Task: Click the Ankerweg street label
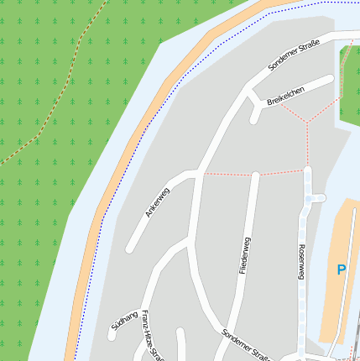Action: point(157,202)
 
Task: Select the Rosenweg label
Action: point(300,263)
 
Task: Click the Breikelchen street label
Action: point(285,95)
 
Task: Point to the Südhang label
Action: point(123,318)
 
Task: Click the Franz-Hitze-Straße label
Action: point(152,335)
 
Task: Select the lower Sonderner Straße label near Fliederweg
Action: point(244,344)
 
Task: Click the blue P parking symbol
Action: point(341,270)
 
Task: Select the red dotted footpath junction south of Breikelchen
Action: point(306,123)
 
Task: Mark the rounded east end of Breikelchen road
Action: point(330,81)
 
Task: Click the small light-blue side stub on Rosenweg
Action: point(317,198)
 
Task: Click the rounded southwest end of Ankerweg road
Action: point(130,249)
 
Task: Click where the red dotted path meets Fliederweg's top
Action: point(254,175)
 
